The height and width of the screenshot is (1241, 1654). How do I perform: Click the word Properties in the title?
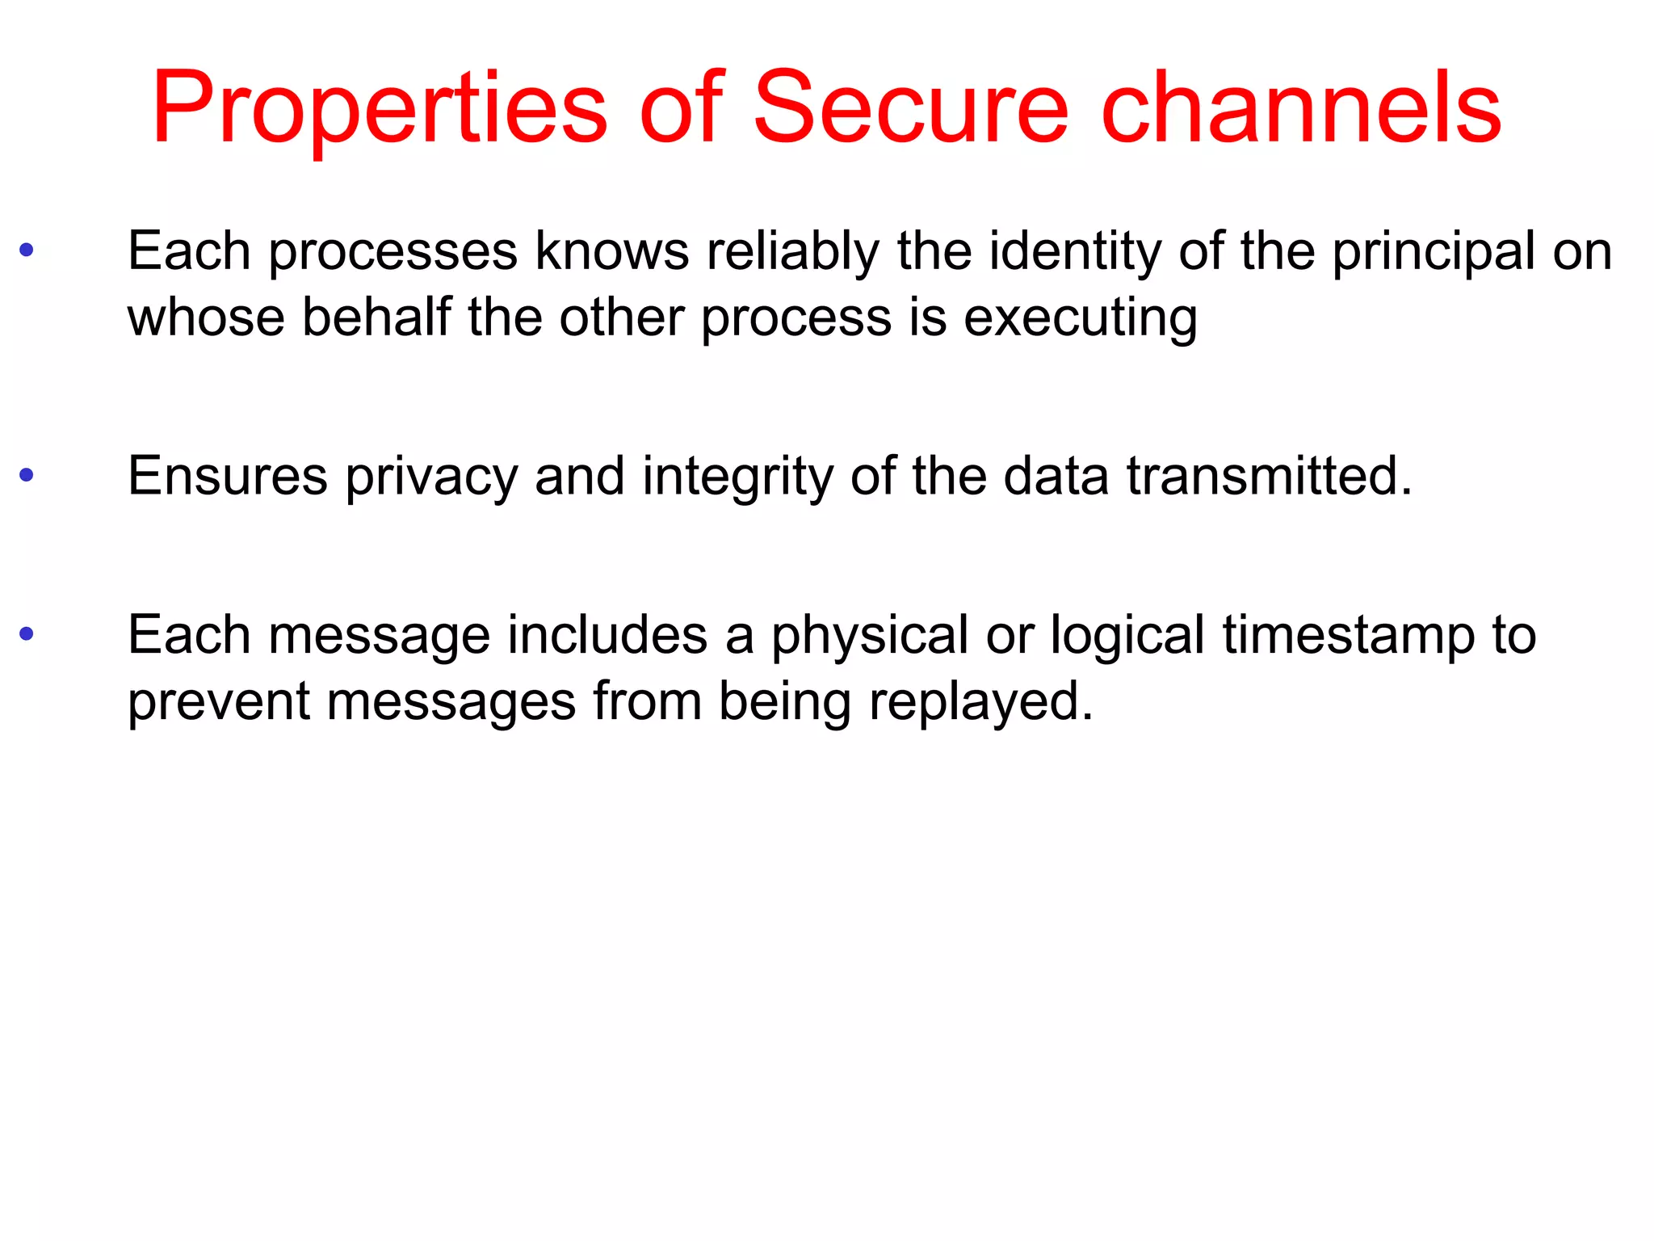pos(380,109)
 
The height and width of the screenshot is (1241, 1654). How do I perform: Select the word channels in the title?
pos(1300,109)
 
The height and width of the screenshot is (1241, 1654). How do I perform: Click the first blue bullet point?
pos(27,250)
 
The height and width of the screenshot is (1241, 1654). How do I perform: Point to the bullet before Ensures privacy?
pos(27,475)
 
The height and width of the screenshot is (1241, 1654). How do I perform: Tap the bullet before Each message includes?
pos(27,633)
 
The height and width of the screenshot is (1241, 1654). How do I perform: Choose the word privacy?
pos(431,477)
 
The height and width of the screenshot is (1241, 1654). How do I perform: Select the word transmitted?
pos(1268,476)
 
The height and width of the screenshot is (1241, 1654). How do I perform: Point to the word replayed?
pos(980,702)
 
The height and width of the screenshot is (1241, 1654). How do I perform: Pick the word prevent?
pos(218,701)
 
